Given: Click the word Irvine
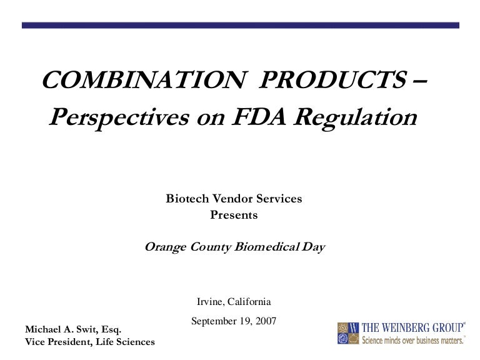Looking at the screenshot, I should tap(210, 301).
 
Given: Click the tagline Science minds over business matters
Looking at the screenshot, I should tap(414, 340).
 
